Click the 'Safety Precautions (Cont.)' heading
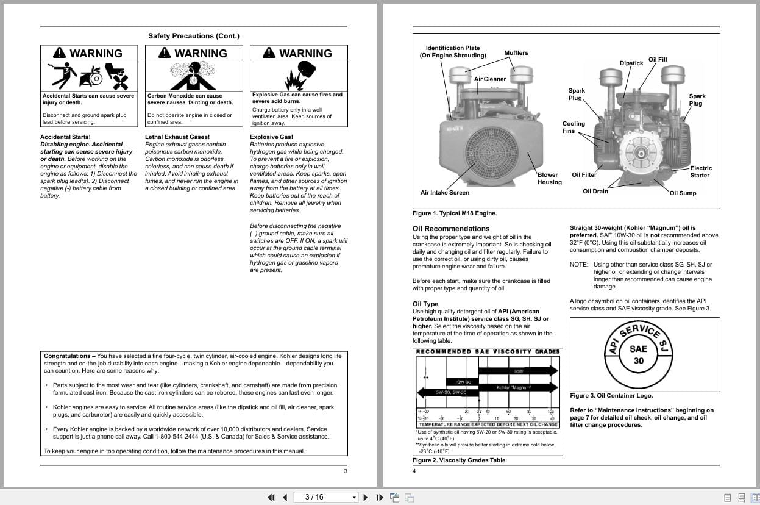click(x=194, y=36)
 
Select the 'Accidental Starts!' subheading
click(x=65, y=137)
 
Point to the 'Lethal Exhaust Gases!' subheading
click(x=177, y=137)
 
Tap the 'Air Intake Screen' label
click(x=445, y=193)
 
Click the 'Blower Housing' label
click(x=549, y=178)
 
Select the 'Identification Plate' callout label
click(x=452, y=52)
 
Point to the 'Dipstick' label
click(x=631, y=63)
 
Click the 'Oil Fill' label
click(x=658, y=60)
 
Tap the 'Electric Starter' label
click(x=700, y=172)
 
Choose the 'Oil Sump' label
click(x=683, y=193)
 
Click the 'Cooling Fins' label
click(x=574, y=127)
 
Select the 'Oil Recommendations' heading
click(x=451, y=229)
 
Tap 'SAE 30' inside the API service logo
click(x=638, y=354)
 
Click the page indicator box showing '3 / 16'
click(x=325, y=497)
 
